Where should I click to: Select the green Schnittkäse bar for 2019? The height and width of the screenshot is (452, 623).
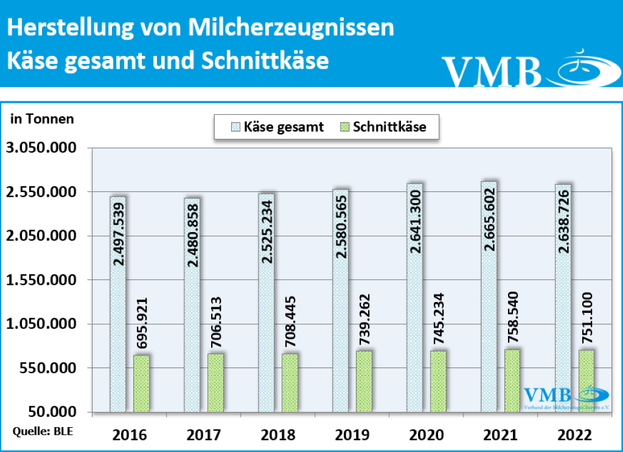(x=364, y=382)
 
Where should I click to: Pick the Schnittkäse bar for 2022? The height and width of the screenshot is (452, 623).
(x=586, y=381)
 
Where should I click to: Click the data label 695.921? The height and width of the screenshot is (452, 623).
(x=141, y=323)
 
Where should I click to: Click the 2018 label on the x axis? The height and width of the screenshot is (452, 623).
(x=277, y=435)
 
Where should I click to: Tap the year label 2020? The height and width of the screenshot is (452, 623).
(x=426, y=435)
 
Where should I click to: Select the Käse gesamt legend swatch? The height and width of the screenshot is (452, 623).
(x=235, y=127)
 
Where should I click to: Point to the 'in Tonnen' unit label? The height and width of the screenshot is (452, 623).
(x=42, y=119)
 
